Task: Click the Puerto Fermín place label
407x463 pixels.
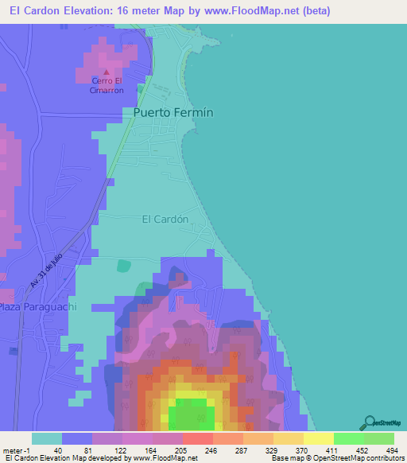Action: pyautogui.click(x=173, y=113)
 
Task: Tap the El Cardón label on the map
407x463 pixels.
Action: pyautogui.click(x=165, y=219)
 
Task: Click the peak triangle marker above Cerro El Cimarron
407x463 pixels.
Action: pyautogui.click(x=107, y=74)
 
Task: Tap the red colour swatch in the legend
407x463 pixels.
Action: pyautogui.click(x=197, y=438)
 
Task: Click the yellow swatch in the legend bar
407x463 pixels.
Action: pyautogui.click(x=318, y=438)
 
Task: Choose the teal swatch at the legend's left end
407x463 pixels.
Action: pyautogui.click(x=47, y=438)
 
